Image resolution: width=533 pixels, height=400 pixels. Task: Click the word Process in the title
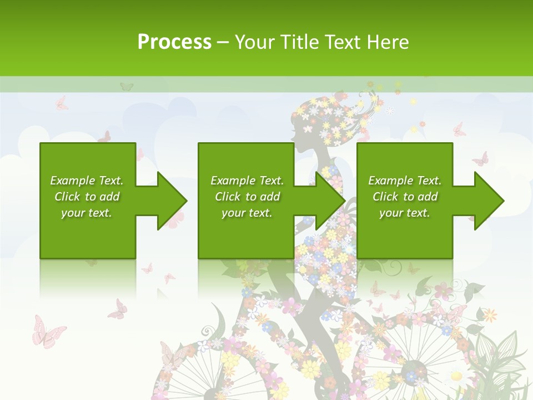(x=174, y=42)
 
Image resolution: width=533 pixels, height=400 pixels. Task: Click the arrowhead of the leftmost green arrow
(x=173, y=201)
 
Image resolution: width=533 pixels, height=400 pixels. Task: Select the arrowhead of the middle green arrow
(x=331, y=201)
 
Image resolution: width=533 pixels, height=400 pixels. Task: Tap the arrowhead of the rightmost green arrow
(x=489, y=201)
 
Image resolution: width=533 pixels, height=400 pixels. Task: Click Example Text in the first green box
(x=87, y=181)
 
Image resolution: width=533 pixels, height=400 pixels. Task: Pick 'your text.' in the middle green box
(x=247, y=213)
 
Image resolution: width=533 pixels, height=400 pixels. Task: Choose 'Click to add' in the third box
(x=405, y=197)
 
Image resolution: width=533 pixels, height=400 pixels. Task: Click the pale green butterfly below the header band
(x=127, y=87)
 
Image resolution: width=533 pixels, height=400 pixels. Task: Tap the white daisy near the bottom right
(x=456, y=376)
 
